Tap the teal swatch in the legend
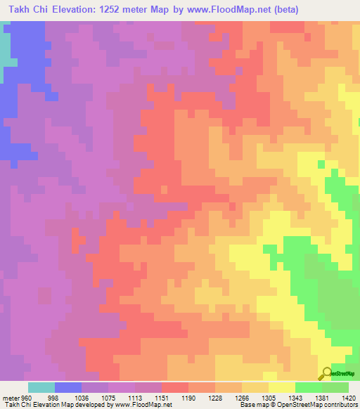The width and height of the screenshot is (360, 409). pos(41,387)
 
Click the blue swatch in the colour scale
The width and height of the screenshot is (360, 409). pos(68,387)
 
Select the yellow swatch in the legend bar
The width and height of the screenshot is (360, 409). pos(282,387)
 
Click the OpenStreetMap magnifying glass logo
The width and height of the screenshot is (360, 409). pos(326,372)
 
